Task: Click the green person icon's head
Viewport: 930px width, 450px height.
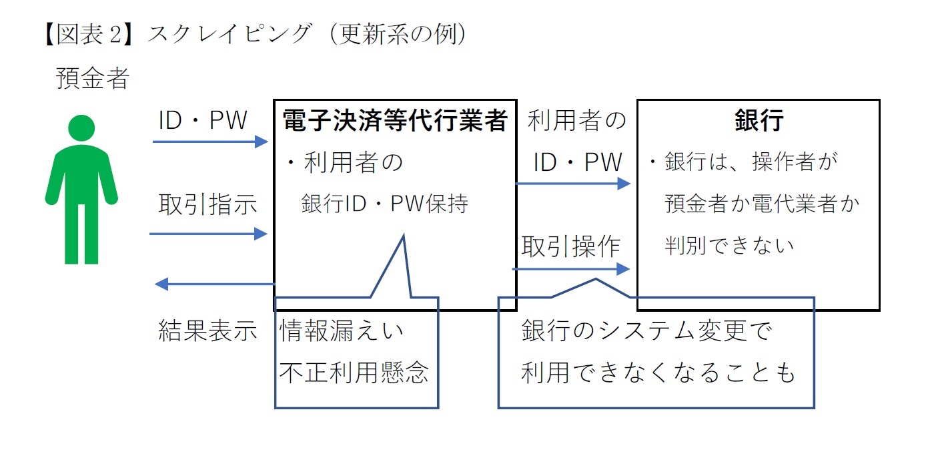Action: point(81,129)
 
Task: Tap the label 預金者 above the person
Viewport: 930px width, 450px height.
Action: point(92,79)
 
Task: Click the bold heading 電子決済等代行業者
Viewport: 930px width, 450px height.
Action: point(395,121)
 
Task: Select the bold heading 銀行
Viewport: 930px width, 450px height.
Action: point(759,121)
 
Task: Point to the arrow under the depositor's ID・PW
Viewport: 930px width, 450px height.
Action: point(209,142)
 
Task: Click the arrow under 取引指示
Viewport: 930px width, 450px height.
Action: point(208,233)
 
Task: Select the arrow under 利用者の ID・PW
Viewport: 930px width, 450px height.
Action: point(573,184)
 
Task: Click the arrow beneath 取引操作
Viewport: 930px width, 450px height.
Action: point(571,269)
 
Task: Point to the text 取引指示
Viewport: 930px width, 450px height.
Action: point(207,204)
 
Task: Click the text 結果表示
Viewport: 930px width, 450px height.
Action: point(207,330)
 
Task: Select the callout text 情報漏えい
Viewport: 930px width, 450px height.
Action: point(342,330)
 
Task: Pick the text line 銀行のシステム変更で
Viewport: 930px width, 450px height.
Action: point(646,330)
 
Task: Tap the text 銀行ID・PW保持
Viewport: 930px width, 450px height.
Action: point(384,204)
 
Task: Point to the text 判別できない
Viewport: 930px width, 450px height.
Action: point(729,246)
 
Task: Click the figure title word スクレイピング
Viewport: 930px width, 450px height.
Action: point(229,34)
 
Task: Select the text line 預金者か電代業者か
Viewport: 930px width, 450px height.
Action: point(762,204)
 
